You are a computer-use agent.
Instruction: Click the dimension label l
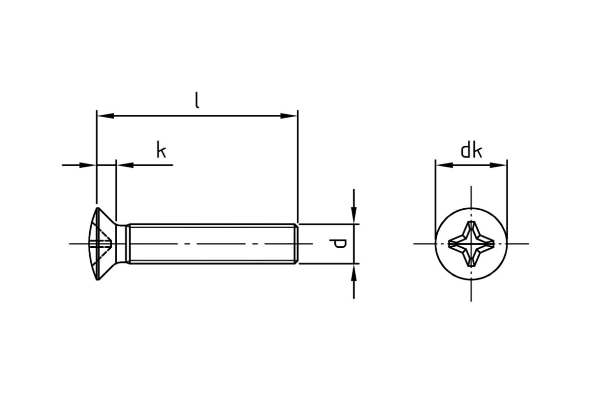[x=197, y=100]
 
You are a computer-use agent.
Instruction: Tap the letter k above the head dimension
[x=161, y=150]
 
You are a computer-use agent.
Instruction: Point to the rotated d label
[x=337, y=243]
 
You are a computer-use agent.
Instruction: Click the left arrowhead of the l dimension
[x=106, y=116]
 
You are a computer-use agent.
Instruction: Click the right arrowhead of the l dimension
[x=289, y=116]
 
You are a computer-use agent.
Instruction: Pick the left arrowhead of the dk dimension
[x=445, y=165]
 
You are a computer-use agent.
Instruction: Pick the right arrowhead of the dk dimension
[x=498, y=165]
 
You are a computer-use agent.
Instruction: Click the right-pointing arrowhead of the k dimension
[x=88, y=165]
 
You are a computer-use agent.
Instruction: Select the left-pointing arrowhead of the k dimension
[x=125, y=165]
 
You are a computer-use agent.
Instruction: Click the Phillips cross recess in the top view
[x=471, y=244]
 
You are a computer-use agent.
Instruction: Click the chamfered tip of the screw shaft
[x=296, y=244]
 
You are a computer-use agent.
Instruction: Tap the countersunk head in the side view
[x=102, y=244]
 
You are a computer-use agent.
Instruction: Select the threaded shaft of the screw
[x=212, y=244]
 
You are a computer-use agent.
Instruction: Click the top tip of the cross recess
[x=471, y=222]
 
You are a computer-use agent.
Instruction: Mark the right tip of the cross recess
[x=493, y=244]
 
